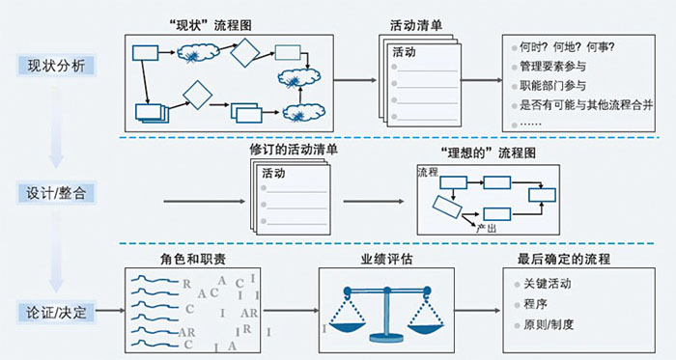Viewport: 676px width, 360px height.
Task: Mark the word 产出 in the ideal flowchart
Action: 487,227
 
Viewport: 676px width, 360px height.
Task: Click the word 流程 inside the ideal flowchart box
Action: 428,172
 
